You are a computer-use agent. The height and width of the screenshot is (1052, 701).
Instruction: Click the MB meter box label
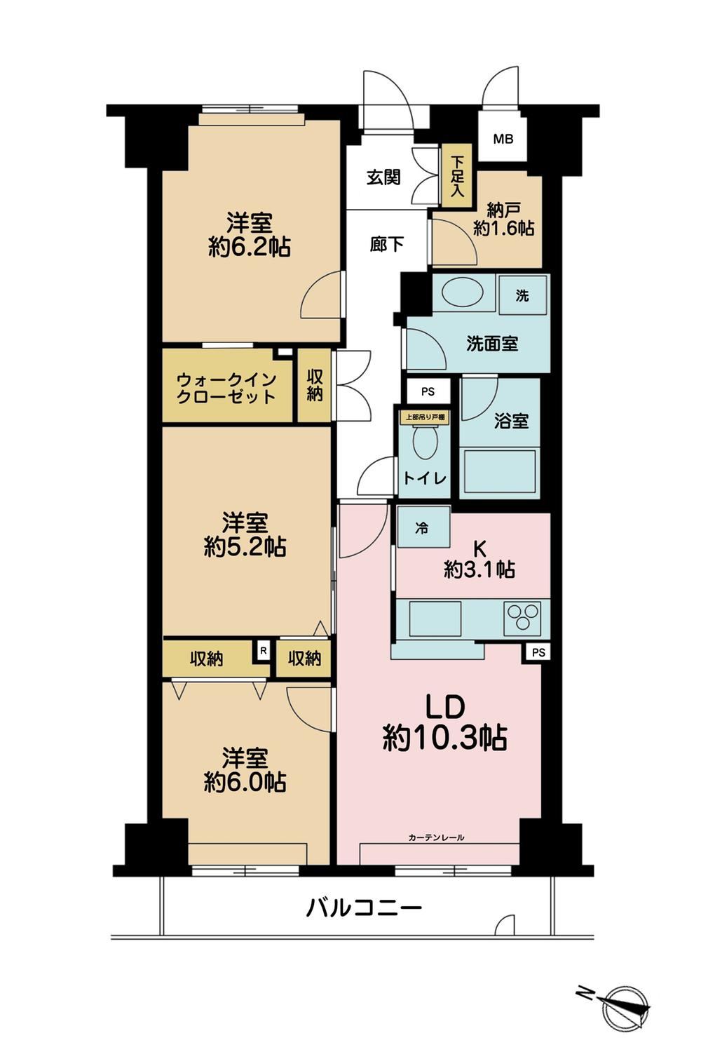503,139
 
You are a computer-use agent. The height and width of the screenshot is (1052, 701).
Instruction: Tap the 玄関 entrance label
383,177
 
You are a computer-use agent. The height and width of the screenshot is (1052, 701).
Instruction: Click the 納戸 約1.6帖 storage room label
503,220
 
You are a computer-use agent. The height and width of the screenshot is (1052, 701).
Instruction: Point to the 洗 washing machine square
522,295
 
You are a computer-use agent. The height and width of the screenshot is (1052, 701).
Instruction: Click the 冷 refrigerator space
423,527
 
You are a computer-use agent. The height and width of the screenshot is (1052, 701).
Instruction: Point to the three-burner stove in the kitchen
522,616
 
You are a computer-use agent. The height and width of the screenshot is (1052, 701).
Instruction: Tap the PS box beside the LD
538,652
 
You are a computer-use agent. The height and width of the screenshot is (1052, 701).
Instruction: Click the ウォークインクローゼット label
226,388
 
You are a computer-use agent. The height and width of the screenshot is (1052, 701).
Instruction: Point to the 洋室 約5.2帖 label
245,535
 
